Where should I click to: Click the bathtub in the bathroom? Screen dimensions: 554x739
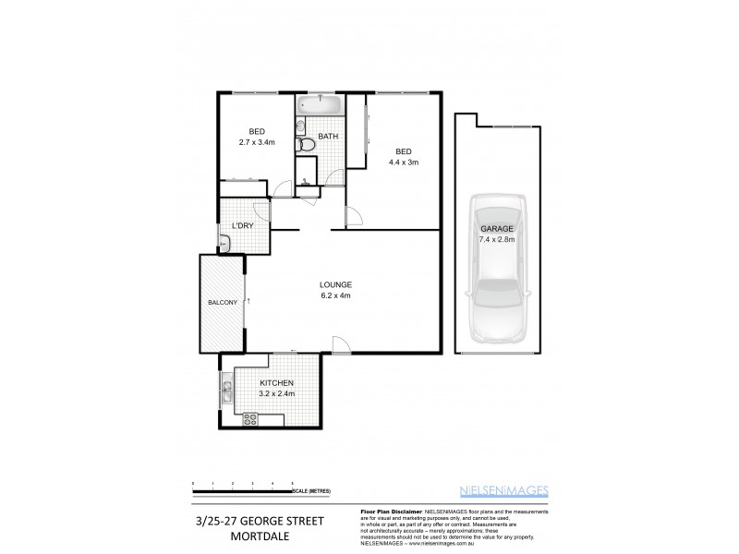click(320, 104)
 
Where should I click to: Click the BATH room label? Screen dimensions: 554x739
click(328, 137)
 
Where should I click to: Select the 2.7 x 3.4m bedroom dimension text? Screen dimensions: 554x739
click(257, 143)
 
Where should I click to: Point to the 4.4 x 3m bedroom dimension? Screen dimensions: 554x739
click(404, 163)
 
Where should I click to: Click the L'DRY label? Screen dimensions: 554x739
click(243, 226)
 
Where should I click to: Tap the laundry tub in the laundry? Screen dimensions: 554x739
click(225, 245)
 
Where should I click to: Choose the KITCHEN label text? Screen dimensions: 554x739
click(276, 383)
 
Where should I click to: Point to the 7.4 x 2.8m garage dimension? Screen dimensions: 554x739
click(496, 239)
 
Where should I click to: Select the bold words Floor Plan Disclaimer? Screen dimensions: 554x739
click(388, 512)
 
